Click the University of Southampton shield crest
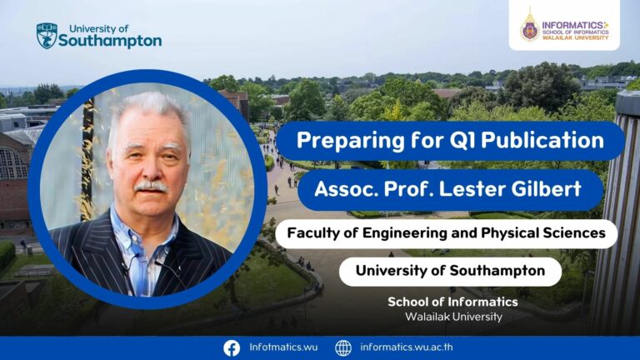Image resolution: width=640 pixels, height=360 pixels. tap(47, 36)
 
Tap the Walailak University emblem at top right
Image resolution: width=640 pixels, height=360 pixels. tap(530, 25)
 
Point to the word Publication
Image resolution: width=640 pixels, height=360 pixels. tap(542, 140)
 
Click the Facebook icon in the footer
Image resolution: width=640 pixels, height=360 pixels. tap(232, 348)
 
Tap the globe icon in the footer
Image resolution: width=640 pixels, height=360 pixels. tap(343, 348)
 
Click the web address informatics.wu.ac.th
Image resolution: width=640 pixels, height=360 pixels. tap(407, 347)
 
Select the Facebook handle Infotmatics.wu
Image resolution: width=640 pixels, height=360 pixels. tap(283, 347)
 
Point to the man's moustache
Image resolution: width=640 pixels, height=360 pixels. tap(151, 187)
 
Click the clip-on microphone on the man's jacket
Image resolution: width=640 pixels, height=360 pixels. tap(127, 267)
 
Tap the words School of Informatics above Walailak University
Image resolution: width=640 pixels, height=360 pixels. tap(452, 302)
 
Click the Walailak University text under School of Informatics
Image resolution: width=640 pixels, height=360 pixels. tap(453, 317)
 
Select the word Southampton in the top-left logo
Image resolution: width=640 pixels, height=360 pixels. tap(110, 41)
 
